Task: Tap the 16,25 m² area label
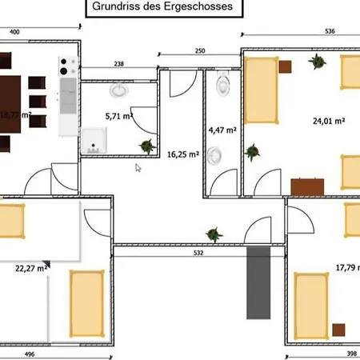[182, 155]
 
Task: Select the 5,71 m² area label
[118, 115]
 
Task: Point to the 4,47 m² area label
[222, 129]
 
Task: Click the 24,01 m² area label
[328, 121]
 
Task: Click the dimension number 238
[118, 64]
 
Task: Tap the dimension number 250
[200, 51]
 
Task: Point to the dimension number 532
[199, 254]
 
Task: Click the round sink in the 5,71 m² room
[118, 90]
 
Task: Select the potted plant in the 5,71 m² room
[146, 146]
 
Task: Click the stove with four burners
[66, 63]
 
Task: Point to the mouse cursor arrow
[138, 168]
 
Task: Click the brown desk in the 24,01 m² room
[306, 187]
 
